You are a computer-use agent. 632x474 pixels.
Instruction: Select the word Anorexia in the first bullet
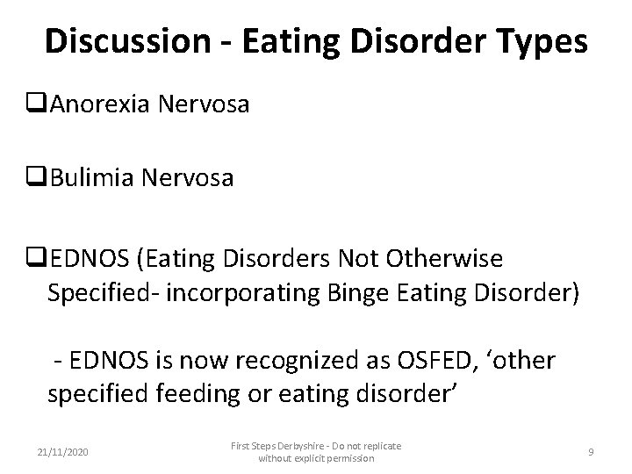(x=98, y=104)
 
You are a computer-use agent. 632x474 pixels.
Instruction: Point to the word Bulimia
(x=91, y=178)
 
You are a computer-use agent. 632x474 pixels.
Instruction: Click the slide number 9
(x=591, y=451)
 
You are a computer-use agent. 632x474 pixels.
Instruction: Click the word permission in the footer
(x=346, y=458)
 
